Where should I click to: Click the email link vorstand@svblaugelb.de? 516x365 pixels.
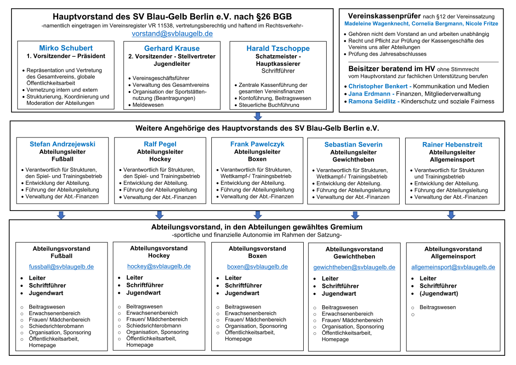click(172, 34)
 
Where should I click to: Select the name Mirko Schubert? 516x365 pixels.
click(66, 48)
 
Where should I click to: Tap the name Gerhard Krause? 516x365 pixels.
click(172, 48)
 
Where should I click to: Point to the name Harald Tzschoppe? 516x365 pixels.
click(278, 48)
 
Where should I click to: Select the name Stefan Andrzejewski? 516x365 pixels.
click(62, 144)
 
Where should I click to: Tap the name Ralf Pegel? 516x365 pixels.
click(160, 144)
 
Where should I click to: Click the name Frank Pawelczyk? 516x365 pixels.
click(257, 144)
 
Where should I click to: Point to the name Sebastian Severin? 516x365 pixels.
click(353, 144)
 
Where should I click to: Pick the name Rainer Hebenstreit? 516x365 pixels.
click(453, 144)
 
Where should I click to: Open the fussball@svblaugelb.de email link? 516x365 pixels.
click(62, 267)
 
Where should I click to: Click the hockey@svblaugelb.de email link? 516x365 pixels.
click(159, 266)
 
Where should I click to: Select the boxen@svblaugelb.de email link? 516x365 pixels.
click(257, 267)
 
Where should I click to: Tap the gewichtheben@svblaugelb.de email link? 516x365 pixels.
click(354, 267)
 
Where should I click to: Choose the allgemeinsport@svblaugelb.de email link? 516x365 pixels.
click(453, 267)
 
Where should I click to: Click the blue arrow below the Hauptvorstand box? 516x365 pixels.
click(258, 116)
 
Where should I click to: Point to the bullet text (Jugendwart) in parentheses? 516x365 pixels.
click(439, 293)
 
